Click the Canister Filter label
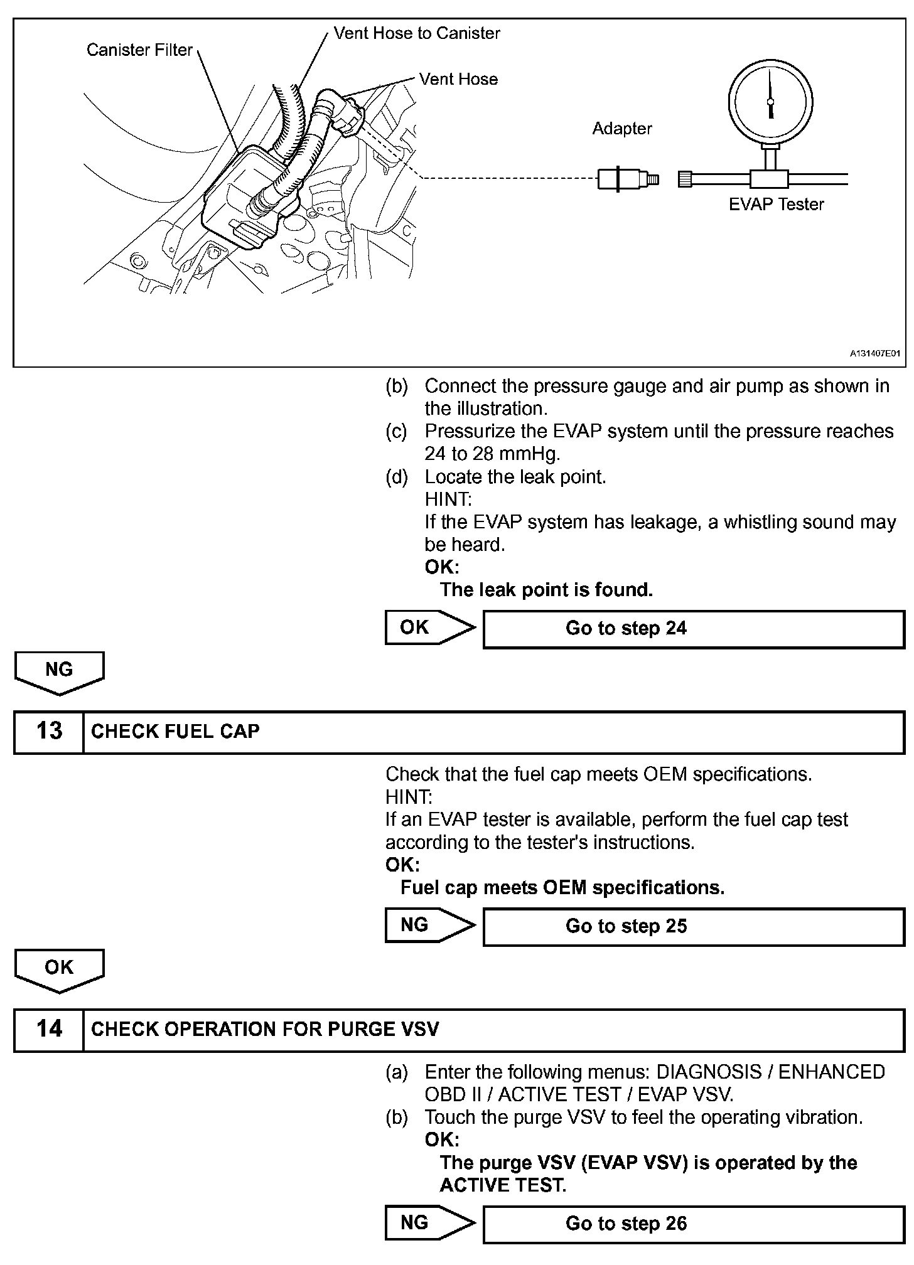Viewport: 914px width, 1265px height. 139,50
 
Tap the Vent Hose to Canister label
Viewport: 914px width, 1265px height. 417,33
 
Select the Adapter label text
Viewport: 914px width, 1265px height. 622,129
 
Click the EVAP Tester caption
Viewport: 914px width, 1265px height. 776,205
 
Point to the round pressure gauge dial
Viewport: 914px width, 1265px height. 770,101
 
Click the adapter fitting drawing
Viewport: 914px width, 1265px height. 626,179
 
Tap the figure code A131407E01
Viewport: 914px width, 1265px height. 875,354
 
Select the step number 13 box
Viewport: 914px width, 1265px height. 49,732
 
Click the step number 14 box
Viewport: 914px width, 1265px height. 49,1029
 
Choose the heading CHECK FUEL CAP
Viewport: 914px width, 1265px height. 175,732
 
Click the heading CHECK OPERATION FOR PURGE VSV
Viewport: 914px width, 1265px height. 265,1029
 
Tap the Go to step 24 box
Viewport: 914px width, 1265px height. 694,629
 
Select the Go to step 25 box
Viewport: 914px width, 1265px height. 694,926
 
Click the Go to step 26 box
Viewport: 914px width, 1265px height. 694,1224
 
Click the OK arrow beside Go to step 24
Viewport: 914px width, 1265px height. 429,627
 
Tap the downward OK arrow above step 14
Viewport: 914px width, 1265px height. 60,970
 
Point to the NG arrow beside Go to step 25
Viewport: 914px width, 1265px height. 429,925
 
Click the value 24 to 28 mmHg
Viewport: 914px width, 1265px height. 492,454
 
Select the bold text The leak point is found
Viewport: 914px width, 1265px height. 546,590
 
